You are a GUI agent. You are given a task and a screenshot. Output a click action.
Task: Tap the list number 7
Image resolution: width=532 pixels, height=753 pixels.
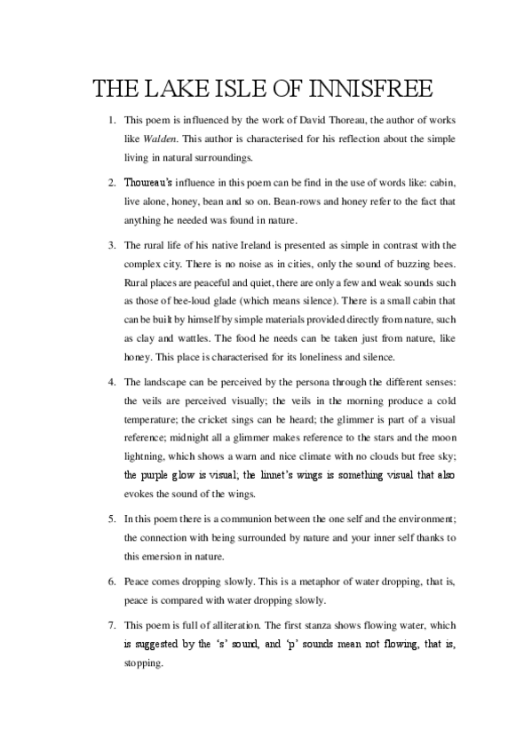click(x=111, y=622)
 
